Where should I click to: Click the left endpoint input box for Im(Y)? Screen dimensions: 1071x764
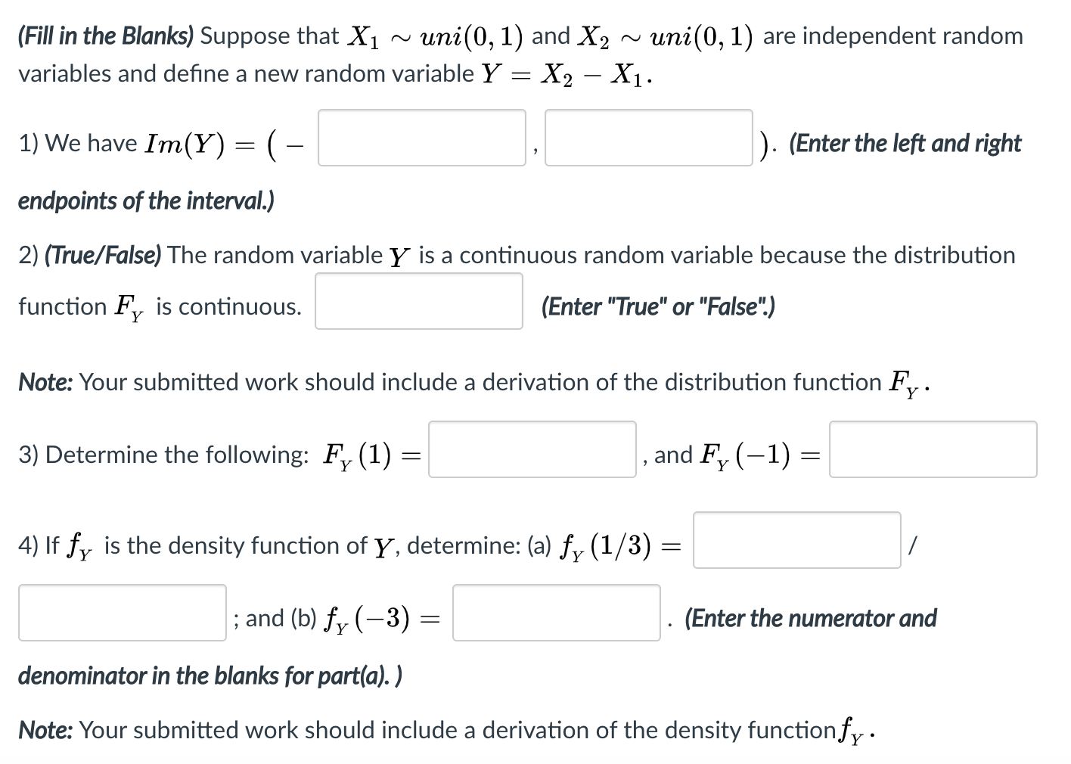[x=421, y=138]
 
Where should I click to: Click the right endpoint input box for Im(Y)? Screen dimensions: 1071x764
[x=648, y=138]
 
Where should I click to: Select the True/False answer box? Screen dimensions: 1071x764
[x=418, y=301]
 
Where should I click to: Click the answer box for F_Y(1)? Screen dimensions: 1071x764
[x=532, y=449]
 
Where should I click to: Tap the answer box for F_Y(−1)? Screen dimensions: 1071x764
[x=933, y=449]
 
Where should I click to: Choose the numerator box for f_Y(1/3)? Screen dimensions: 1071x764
[x=796, y=540]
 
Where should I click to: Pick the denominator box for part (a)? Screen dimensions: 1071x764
[x=122, y=613]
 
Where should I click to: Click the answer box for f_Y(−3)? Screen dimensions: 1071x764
[x=556, y=613]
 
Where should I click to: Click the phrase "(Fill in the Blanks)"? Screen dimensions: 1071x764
[x=106, y=36]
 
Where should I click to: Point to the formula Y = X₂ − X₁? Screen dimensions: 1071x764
[x=567, y=74]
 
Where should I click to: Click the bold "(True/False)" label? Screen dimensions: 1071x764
[x=103, y=256]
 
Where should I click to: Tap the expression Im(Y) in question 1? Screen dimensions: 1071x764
[x=185, y=144]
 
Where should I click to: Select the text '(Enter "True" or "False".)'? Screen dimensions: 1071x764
[x=658, y=306]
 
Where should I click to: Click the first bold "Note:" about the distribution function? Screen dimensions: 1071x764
[x=45, y=382]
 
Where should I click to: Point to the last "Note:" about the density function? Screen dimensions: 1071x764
[x=45, y=730]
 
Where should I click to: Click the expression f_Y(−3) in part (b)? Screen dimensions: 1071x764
[x=368, y=619]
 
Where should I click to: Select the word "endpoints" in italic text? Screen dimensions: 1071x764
[x=67, y=201]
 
